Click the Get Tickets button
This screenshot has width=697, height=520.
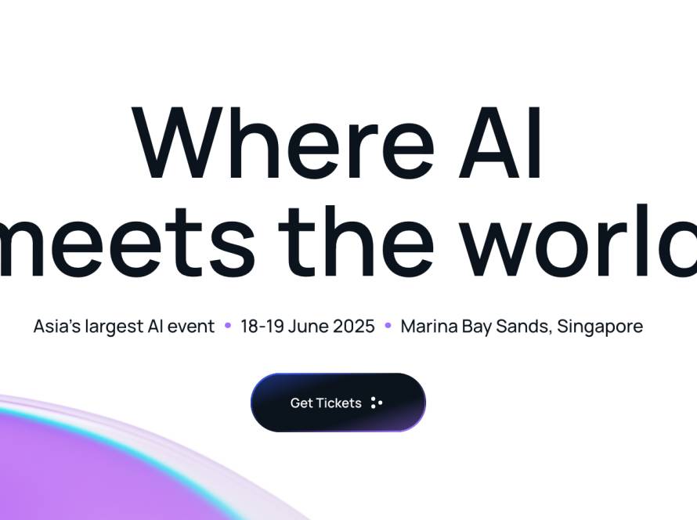pyautogui.click(x=338, y=403)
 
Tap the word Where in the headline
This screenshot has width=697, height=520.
pyautogui.click(x=283, y=143)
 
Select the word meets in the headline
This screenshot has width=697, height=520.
pyautogui.click(x=127, y=242)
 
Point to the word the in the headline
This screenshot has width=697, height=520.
pyautogui.click(x=356, y=240)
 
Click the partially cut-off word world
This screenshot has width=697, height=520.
pyautogui.click(x=578, y=240)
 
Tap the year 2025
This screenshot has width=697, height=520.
pyautogui.click(x=354, y=327)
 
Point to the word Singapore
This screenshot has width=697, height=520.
pyautogui.click(x=600, y=327)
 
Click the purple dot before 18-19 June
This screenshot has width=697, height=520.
pyautogui.click(x=228, y=325)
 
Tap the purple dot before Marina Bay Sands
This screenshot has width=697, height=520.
pyautogui.click(x=388, y=325)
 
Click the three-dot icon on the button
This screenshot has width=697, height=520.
pyautogui.click(x=377, y=403)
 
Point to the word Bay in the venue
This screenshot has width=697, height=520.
pyautogui.click(x=476, y=327)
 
